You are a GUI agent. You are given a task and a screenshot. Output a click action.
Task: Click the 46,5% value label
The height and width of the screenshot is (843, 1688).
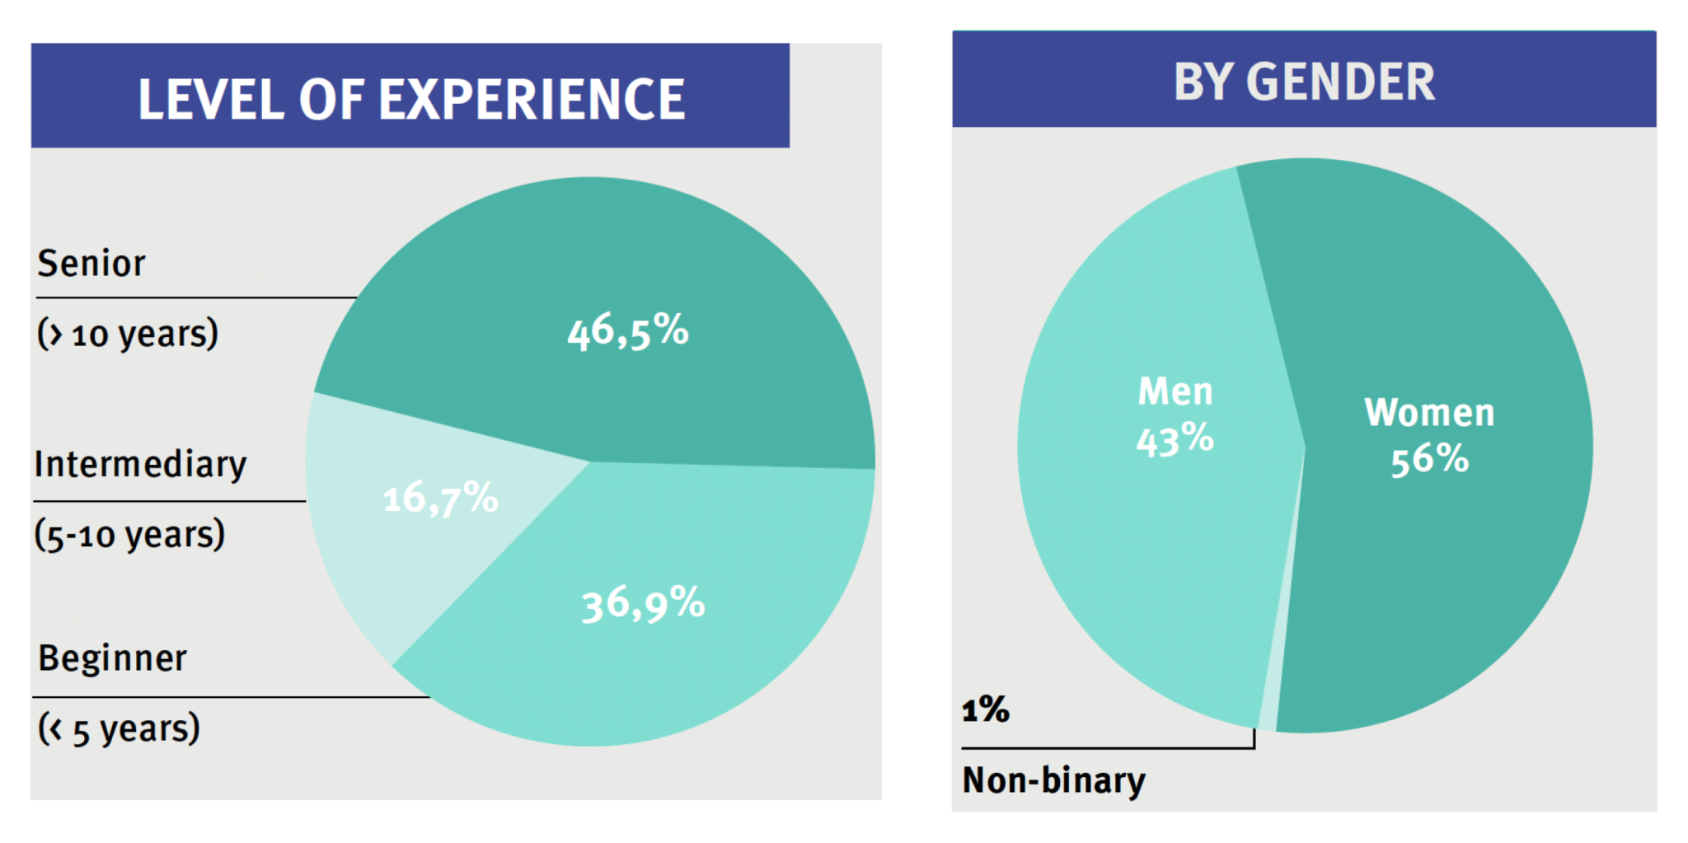628,331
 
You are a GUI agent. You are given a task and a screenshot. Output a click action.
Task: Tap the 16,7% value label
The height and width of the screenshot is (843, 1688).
441,499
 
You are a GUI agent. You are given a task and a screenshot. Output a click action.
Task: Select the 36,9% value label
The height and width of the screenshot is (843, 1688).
644,604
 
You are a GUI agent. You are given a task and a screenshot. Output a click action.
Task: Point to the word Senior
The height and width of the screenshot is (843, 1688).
91,264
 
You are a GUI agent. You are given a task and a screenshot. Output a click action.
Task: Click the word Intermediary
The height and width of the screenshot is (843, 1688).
140,465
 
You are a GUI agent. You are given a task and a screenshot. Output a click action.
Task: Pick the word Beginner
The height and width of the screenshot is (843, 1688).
113,658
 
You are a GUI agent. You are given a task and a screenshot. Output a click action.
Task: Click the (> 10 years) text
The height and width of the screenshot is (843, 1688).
128,334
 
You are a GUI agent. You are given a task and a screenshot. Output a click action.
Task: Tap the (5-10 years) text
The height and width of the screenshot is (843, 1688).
129,535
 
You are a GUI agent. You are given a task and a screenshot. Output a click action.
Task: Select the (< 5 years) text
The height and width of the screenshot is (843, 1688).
120,729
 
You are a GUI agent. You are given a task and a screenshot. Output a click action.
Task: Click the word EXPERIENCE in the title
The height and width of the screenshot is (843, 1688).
532,100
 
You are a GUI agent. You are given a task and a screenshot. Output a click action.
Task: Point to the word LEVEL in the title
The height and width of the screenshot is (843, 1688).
210,100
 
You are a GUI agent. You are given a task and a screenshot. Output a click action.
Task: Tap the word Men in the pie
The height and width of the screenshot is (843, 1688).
1175,391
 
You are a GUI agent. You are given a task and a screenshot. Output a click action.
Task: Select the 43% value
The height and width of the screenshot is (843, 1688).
1175,439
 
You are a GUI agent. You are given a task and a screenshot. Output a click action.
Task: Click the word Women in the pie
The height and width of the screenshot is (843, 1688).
1429,413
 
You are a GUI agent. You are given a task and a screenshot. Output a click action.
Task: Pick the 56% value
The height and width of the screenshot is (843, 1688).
1429,459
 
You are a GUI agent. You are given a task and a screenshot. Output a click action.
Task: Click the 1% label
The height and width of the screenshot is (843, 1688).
985,710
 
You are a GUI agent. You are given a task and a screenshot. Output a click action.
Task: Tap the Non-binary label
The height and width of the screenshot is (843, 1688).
1053,780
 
